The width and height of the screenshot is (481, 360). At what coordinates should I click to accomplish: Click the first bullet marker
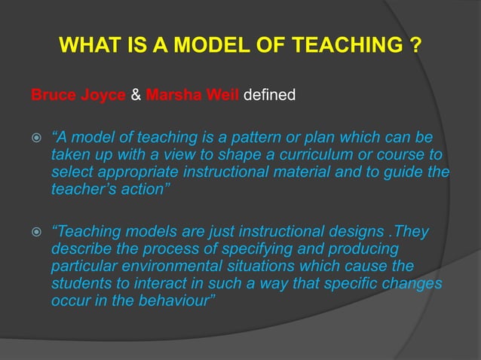pos(34,140)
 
